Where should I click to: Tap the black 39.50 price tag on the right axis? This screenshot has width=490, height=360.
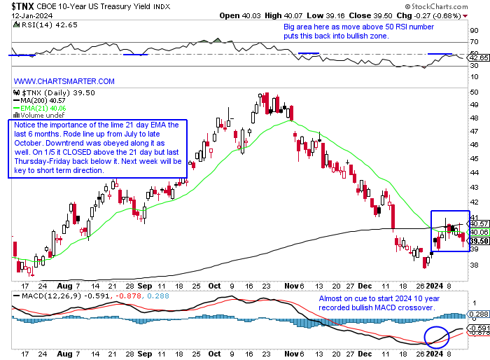[x=478, y=240]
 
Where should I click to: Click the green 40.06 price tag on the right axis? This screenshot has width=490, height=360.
[x=478, y=232]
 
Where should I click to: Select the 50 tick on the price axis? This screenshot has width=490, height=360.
[x=475, y=92]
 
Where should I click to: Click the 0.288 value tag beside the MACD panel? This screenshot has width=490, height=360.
[x=478, y=314]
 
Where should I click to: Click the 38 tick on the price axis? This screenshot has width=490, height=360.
[x=475, y=265]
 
